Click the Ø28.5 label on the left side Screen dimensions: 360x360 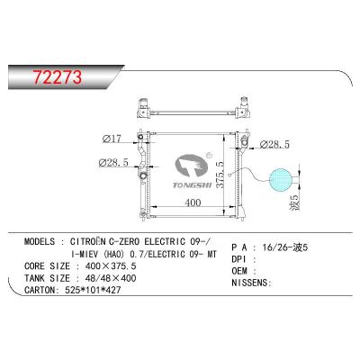[117, 163]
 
